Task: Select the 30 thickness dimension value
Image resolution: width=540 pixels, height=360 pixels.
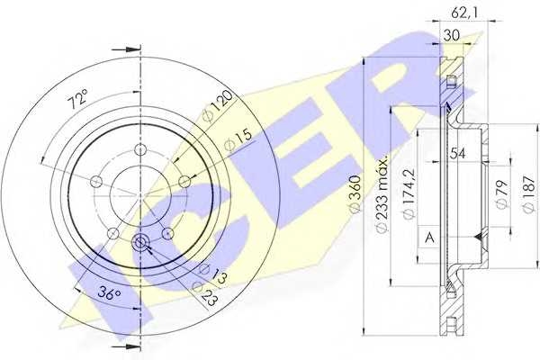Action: coord(452,35)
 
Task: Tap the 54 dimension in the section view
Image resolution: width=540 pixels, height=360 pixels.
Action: coord(457,154)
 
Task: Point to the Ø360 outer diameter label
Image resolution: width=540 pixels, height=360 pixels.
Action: coord(355,193)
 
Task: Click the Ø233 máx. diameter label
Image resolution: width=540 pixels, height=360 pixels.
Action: coord(382,194)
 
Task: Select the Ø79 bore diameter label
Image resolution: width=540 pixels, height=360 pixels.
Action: coord(502,194)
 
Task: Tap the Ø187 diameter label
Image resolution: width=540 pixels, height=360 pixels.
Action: coord(529,194)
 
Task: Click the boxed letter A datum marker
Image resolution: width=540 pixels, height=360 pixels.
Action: coord(429,237)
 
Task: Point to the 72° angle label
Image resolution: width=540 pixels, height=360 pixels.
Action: coord(77,98)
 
